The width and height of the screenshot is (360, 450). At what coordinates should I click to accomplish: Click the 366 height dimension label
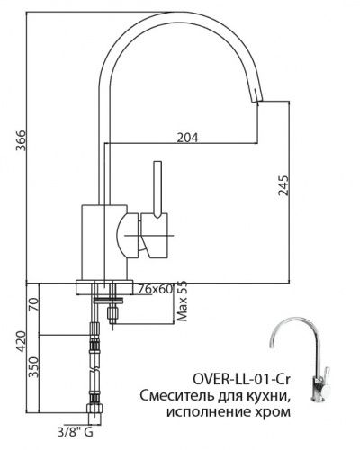click(21, 140)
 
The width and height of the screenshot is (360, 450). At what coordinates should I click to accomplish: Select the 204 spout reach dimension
click(188, 138)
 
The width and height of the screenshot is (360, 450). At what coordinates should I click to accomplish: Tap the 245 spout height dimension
click(283, 185)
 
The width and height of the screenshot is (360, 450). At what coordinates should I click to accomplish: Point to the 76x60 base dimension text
click(156, 289)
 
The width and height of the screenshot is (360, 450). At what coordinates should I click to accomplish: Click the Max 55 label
click(182, 301)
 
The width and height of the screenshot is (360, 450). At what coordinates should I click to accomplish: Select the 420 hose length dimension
click(21, 341)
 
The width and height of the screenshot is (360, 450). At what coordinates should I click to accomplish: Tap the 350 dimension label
click(33, 367)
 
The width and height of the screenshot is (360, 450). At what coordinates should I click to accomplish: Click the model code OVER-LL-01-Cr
click(241, 380)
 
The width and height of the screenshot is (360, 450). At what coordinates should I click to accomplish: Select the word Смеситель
click(176, 396)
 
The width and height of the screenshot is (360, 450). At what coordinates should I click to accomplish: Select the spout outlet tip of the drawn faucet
click(257, 102)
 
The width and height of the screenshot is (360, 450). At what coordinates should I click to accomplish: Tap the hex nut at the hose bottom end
click(94, 409)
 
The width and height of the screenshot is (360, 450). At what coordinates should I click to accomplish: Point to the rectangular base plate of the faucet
click(104, 288)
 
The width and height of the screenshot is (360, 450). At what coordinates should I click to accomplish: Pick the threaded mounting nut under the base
click(112, 313)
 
